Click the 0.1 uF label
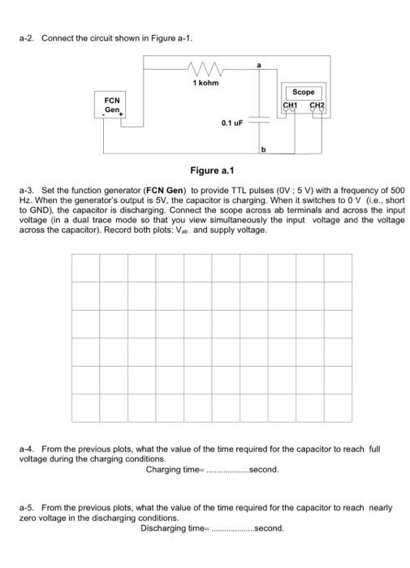231,123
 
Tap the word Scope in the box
302,93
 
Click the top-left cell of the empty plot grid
85,267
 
